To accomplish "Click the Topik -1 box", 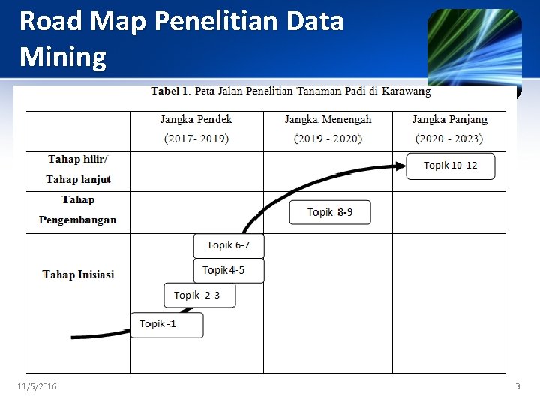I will pyautogui.click(x=166, y=325).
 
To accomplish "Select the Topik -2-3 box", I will pyautogui.click(x=199, y=295).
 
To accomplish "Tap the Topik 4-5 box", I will pyautogui.click(x=229, y=271).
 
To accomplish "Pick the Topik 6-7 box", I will pyautogui.click(x=229, y=245).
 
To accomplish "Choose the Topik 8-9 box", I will pyautogui.click(x=329, y=213).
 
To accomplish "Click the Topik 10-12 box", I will pyautogui.click(x=450, y=166).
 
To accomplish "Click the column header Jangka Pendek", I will pyautogui.click(x=196, y=119).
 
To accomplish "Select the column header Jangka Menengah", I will pyautogui.click(x=328, y=119).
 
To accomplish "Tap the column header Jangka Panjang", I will pyautogui.click(x=449, y=119).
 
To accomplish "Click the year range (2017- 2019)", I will pyautogui.click(x=196, y=139).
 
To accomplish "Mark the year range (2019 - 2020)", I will pyautogui.click(x=328, y=139).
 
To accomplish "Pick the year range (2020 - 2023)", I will pyautogui.click(x=449, y=139).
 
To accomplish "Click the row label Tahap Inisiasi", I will pyautogui.click(x=78, y=274).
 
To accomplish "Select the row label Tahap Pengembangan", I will pyautogui.click(x=78, y=210).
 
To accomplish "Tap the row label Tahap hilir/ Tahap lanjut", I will pyautogui.click(x=78, y=169).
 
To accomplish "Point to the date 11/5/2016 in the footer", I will pyautogui.click(x=37, y=386).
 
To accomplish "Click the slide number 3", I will pyautogui.click(x=517, y=386).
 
